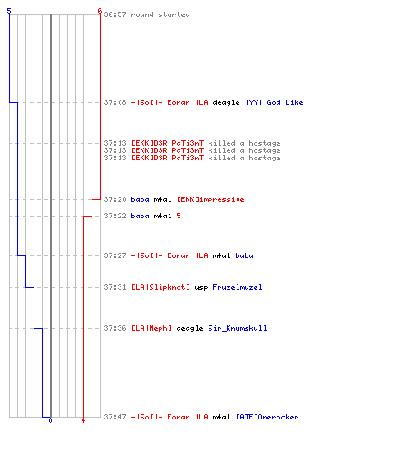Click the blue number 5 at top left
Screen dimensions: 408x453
[x=9, y=11]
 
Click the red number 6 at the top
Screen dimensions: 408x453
[x=100, y=11]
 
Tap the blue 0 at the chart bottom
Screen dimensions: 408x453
[x=50, y=420]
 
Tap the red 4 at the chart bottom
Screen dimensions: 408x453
[x=83, y=420]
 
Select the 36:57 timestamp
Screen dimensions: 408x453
[x=115, y=14]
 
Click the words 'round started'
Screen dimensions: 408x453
[x=160, y=14]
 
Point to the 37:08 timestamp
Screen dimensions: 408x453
[x=115, y=102]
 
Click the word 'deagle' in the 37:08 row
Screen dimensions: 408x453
[x=226, y=102]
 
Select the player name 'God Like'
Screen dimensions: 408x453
[x=285, y=102]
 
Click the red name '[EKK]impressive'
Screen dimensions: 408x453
[x=210, y=199]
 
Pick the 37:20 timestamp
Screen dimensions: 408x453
[x=115, y=199]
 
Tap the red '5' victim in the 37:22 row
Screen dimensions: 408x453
[x=179, y=216]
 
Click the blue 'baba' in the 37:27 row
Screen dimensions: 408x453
[x=244, y=255]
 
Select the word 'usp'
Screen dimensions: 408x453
[x=201, y=287]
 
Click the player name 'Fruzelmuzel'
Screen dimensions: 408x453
[x=238, y=287]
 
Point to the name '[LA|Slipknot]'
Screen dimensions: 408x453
[x=160, y=287]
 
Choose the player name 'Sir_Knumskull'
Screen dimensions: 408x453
[x=238, y=328]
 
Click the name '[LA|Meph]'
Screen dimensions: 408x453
[x=151, y=328]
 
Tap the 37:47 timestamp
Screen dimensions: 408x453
[x=115, y=417]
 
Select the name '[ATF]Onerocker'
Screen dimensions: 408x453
[x=267, y=417]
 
